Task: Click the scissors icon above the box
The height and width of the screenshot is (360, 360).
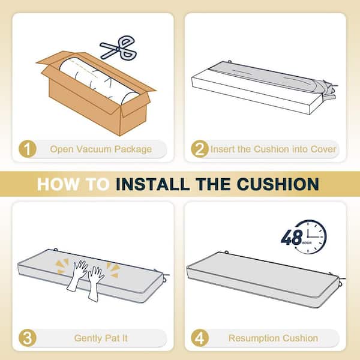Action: click(x=119, y=48)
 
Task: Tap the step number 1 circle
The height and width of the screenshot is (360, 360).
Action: click(x=28, y=149)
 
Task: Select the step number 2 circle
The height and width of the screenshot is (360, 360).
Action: click(x=200, y=149)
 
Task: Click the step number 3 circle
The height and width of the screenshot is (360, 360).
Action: click(x=28, y=338)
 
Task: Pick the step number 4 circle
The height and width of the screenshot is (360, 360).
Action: click(x=200, y=338)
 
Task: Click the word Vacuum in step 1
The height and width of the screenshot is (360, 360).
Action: click(x=94, y=149)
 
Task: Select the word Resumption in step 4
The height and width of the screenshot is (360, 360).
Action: click(x=254, y=338)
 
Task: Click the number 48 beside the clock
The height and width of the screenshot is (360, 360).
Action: click(x=292, y=238)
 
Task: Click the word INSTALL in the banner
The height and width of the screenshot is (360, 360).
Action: click(x=152, y=184)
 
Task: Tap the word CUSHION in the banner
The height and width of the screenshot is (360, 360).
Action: click(x=278, y=184)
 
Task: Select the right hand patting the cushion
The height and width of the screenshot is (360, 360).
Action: click(x=95, y=284)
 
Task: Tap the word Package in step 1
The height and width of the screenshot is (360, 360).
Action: click(x=133, y=149)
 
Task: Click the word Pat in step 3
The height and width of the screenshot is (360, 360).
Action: click(x=112, y=338)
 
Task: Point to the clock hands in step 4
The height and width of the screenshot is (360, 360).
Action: click(x=313, y=233)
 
